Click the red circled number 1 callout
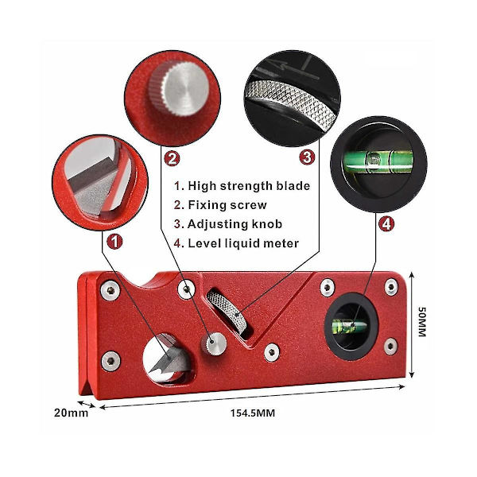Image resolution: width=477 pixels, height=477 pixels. [114, 242]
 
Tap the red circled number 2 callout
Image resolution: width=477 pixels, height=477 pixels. [172, 159]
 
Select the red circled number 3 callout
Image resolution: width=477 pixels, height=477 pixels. [307, 157]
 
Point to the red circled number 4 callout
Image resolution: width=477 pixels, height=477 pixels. [386, 224]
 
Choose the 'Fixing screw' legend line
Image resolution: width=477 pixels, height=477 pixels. [220, 205]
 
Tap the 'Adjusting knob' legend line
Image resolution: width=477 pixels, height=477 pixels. [228, 224]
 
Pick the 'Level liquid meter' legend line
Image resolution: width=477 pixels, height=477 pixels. [236, 243]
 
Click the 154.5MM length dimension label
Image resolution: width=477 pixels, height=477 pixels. [253, 413]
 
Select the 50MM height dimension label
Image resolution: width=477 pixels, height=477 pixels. [422, 322]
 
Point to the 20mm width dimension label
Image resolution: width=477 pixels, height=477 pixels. [72, 413]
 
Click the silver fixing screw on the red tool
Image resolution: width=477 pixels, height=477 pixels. [214, 343]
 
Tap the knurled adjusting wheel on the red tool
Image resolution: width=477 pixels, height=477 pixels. [227, 311]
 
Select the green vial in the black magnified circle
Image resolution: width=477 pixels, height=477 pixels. [378, 161]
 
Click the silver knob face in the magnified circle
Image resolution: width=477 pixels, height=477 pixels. [186, 89]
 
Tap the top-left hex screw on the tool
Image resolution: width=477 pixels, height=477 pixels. [111, 290]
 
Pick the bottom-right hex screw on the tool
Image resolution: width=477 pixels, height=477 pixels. [391, 346]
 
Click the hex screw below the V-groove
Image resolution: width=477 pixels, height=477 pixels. [272, 352]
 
